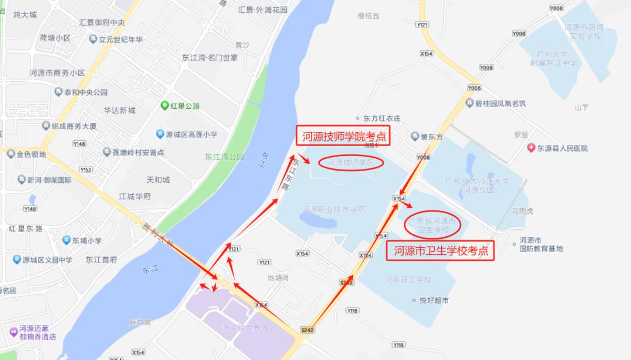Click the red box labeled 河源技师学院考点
coord(344,137)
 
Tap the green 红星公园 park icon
coord(165,106)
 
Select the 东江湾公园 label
coord(224,157)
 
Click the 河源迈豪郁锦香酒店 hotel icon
coord(13,331)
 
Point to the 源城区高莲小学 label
coord(191,134)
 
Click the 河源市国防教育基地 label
coord(541,244)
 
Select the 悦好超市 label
coord(434,300)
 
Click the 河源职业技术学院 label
coord(334,209)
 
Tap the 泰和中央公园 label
coord(86,92)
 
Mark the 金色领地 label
coord(31,154)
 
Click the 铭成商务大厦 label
coord(74,126)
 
